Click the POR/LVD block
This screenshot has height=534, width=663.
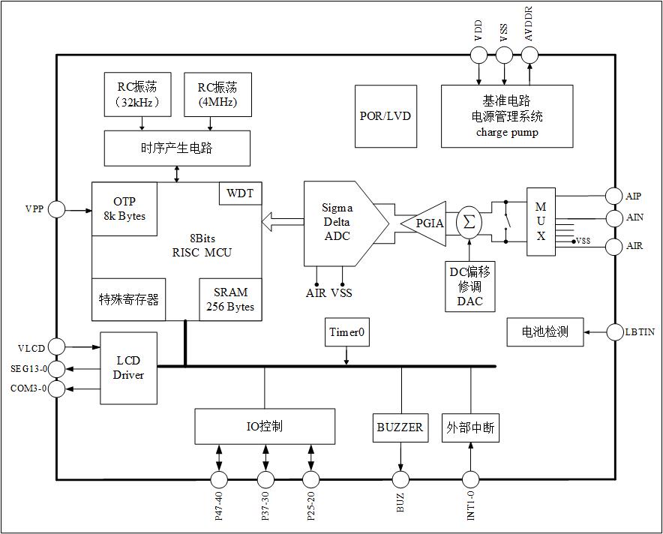pos(385,116)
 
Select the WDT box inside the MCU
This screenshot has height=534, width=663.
pos(240,193)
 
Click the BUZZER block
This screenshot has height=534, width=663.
pos(400,427)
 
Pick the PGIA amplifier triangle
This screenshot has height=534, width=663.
pos(424,223)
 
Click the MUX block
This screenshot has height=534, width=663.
pos(540,221)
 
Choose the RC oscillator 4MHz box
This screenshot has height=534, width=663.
pos(217,94)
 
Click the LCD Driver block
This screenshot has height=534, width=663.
pos(128,368)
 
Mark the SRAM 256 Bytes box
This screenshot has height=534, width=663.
pos(230,299)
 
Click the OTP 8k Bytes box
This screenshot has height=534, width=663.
pos(124,209)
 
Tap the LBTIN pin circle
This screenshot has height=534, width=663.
pos(613,331)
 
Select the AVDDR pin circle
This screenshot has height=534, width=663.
pos(529,55)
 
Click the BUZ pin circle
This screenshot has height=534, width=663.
pos(400,479)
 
